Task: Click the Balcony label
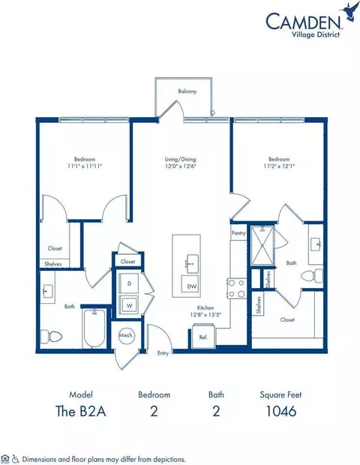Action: point(187,91)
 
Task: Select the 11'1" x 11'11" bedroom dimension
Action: point(84,167)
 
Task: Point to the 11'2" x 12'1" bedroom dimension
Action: point(277,167)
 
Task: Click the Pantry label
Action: point(238,234)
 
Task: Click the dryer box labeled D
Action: point(128,284)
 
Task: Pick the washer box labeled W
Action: point(128,304)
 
